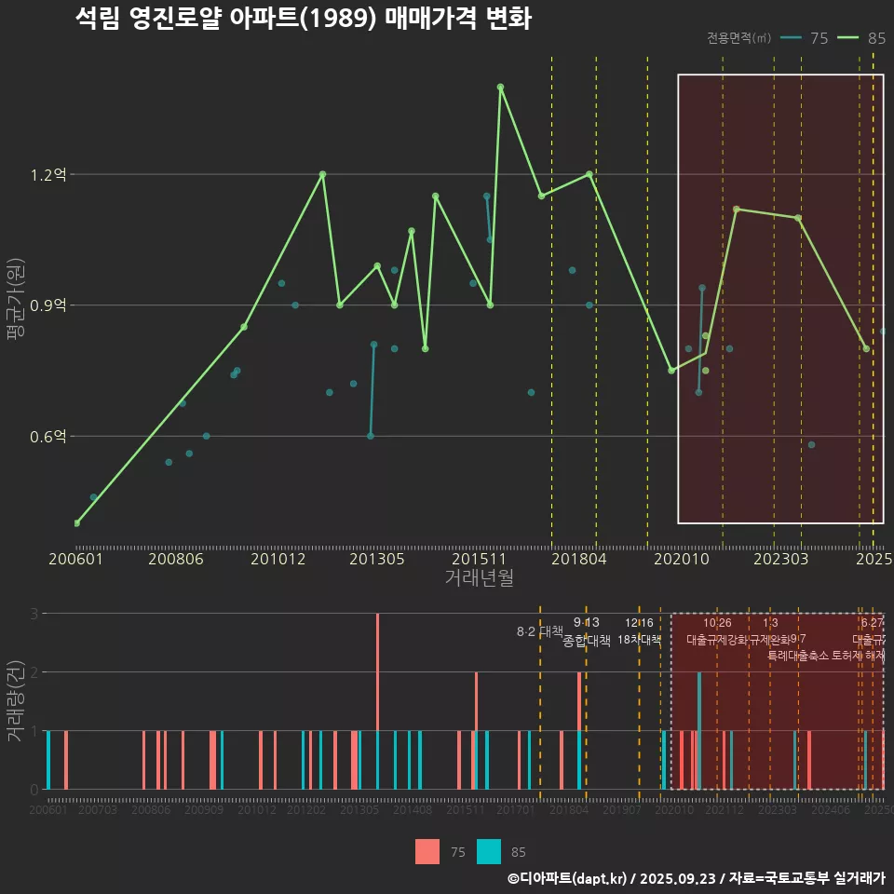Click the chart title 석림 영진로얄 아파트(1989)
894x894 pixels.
pyautogui.click(x=303, y=19)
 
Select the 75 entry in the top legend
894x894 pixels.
pyautogui.click(x=806, y=38)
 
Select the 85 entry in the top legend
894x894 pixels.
pyautogui.click(x=862, y=38)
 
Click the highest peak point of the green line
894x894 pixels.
pyautogui.click(x=500, y=87)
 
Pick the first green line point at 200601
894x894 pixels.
pyautogui.click(x=76, y=523)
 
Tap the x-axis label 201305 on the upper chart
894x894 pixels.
pyautogui.click(x=376, y=559)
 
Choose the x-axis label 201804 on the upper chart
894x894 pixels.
pyautogui.click(x=578, y=559)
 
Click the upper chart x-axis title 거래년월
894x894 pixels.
pyautogui.click(x=479, y=578)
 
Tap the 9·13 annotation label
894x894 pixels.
pyautogui.click(x=586, y=622)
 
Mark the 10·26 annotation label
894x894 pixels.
pyautogui.click(x=717, y=622)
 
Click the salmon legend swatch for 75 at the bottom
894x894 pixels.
pyautogui.click(x=427, y=851)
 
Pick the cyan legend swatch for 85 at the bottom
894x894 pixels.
pyautogui.click(x=489, y=851)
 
